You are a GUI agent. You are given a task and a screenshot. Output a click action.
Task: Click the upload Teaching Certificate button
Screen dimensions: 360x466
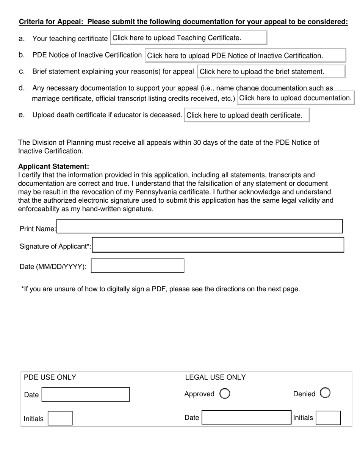click(x=188, y=38)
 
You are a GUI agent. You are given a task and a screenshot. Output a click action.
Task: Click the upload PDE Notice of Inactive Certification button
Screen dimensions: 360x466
click(x=245, y=55)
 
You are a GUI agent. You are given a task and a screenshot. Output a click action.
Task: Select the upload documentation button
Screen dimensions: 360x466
click(x=295, y=98)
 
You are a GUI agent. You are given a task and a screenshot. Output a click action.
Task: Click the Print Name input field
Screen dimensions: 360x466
click(x=199, y=227)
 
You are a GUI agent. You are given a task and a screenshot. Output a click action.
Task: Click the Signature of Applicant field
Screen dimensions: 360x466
click(x=218, y=245)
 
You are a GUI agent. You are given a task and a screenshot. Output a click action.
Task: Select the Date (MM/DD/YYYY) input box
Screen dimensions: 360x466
click(x=138, y=266)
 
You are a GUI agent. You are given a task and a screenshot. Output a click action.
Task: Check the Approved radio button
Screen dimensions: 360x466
click(x=225, y=394)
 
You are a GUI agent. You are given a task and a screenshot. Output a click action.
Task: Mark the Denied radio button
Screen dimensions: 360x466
click(x=325, y=393)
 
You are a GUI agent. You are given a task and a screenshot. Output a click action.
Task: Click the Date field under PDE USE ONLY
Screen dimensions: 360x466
click(x=86, y=394)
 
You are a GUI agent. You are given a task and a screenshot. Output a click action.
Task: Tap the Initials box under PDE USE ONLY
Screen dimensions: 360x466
click(x=60, y=418)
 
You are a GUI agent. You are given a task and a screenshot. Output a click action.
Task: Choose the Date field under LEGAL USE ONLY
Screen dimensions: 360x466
click(x=246, y=418)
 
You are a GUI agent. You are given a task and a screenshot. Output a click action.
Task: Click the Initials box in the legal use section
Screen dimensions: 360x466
click(x=328, y=418)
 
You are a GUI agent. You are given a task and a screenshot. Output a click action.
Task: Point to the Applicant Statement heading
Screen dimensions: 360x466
click(x=53, y=167)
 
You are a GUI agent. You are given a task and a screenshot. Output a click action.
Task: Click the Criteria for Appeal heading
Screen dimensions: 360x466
click(x=183, y=22)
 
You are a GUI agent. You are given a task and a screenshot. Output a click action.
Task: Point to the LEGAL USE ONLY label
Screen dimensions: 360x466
click(x=215, y=377)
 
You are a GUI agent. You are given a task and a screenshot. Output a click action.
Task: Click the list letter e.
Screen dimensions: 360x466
click(x=21, y=114)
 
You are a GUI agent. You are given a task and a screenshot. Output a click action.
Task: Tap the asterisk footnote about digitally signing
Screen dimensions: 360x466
click(x=161, y=289)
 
